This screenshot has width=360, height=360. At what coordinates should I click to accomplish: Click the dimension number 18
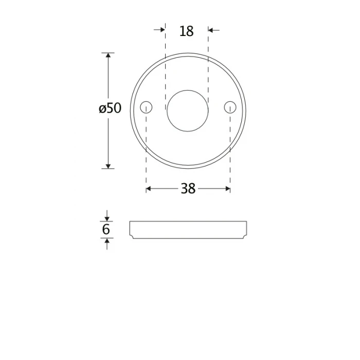click(x=186, y=31)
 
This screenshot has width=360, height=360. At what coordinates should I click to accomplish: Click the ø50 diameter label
click(x=110, y=108)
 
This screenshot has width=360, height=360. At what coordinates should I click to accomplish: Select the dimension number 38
click(x=188, y=189)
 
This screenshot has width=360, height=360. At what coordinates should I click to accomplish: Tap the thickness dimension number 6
click(x=106, y=229)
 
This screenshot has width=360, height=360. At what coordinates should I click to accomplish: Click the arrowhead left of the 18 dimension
click(x=163, y=30)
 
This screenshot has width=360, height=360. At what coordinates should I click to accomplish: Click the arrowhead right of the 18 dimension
click(x=211, y=30)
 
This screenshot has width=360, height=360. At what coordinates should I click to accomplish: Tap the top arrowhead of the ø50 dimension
click(x=108, y=56)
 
